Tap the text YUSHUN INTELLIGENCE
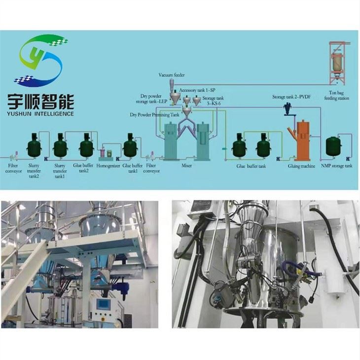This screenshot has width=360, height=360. pos(40,114)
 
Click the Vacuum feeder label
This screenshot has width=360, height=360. pos(172,75)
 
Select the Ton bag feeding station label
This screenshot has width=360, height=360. pos(337,95)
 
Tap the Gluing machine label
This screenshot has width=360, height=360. pos(301,166)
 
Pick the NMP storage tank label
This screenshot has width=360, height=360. pos(337,165)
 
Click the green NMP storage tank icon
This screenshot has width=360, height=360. pos(333,146)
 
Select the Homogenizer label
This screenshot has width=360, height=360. pos(108,166)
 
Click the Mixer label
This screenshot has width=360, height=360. pos(186,165)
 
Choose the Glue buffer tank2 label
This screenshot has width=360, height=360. pos(83,168)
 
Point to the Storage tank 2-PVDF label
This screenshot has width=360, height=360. pos(291,97)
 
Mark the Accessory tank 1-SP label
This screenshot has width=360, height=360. pos(197,90)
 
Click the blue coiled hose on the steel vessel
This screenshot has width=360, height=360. pos(296,268)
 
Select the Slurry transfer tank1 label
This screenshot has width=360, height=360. pos(60,171)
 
